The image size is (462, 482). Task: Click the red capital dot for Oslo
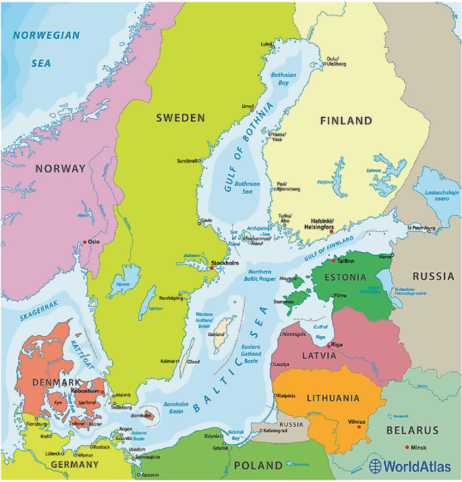84,242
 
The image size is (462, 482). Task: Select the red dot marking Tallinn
333,260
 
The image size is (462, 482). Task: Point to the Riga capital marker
328,346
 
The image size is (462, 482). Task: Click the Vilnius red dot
359,427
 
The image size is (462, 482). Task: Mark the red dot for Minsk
407,447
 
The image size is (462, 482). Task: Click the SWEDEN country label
180,118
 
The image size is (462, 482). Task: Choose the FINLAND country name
346,121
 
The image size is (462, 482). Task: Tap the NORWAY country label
61,169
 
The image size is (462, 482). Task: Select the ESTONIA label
344,277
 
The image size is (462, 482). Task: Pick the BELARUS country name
413,430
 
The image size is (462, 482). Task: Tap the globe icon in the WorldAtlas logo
376,466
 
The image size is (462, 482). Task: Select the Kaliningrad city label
279,431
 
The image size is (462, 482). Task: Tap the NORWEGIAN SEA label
46,49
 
